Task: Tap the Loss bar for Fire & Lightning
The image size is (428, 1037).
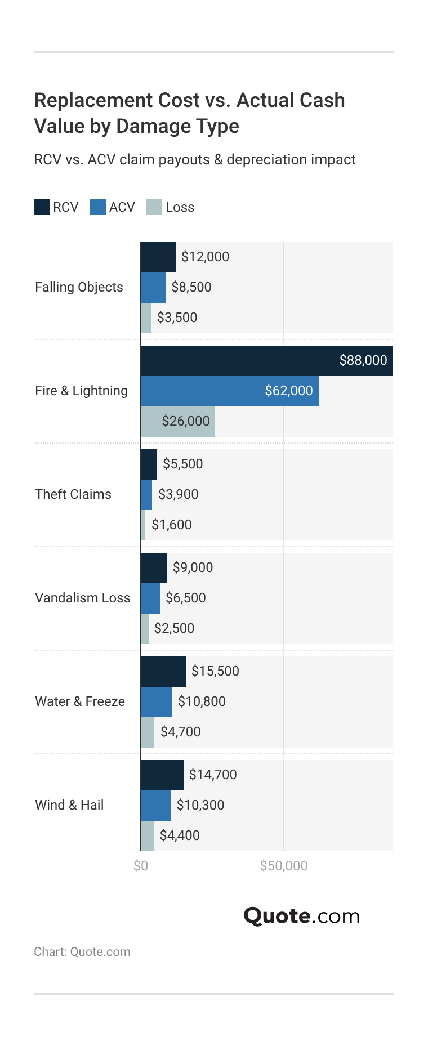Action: point(177,422)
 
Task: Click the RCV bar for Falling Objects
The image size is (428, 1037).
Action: point(158,257)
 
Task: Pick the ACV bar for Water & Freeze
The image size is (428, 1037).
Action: point(157,702)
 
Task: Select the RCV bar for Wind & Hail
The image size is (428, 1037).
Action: point(162,775)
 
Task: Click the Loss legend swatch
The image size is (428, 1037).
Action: point(154,207)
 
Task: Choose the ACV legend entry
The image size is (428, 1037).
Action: point(113,207)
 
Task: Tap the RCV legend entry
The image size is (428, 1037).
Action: point(56,207)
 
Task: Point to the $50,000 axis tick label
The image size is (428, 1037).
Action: point(284,866)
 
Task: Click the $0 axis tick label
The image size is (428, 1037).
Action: point(141,866)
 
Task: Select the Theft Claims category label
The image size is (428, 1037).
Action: point(73,494)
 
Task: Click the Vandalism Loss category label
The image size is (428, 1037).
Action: point(82,598)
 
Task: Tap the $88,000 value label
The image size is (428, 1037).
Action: point(363,360)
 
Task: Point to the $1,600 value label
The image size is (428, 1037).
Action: point(172,525)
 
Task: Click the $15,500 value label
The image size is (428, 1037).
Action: point(215,671)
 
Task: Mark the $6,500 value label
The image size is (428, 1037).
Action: point(186,598)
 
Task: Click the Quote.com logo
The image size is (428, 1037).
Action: point(301,916)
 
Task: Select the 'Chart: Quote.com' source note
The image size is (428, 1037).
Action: point(82,952)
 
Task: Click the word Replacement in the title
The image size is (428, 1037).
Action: point(93,100)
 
